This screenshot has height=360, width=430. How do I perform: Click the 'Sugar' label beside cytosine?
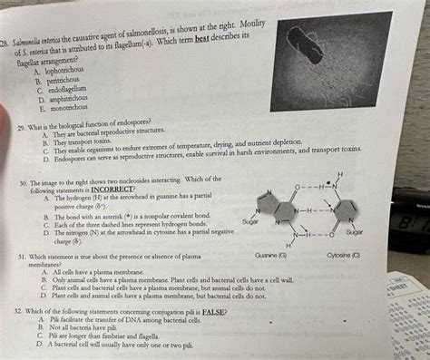point(354,233)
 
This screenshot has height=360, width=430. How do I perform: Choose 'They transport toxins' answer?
point(87,143)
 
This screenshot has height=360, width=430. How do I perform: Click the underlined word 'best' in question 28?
point(230,34)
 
